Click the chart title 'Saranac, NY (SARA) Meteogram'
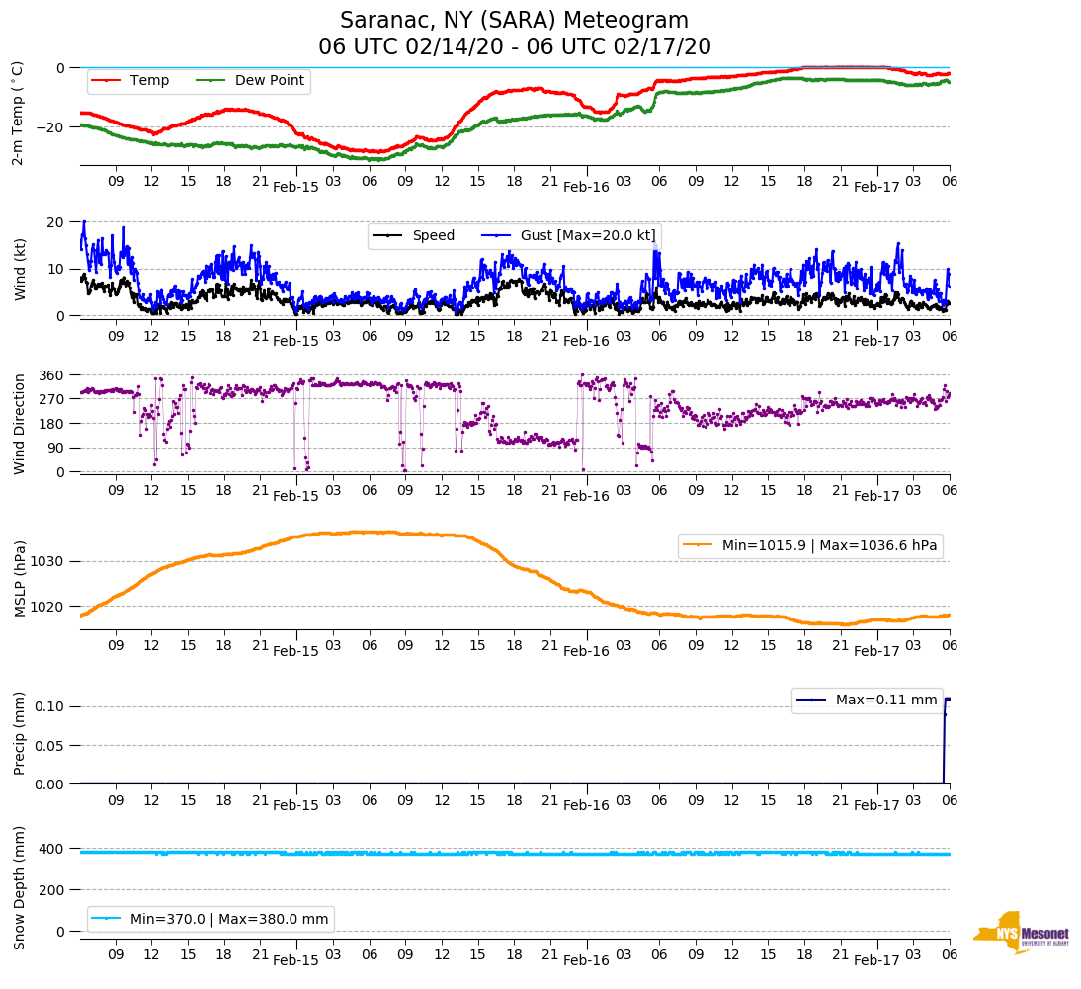tap(514, 21)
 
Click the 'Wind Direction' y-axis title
tap(19, 423)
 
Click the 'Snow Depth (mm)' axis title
tap(19, 886)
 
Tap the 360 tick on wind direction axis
tap(51, 375)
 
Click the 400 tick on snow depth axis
tap(51, 849)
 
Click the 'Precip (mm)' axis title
tap(19, 733)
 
